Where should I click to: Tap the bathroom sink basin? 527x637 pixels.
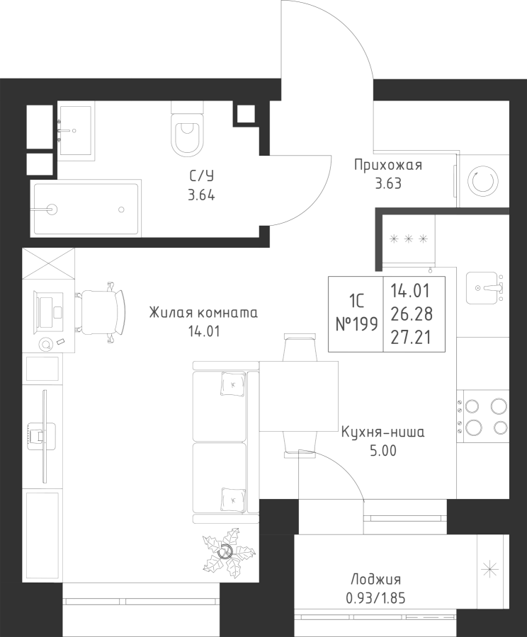pyautogui.click(x=75, y=131)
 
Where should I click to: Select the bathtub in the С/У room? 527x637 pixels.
pyautogui.click(x=86, y=209)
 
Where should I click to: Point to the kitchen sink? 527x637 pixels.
pyautogui.click(x=484, y=287)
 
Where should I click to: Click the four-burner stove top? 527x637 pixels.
pyautogui.click(x=483, y=417)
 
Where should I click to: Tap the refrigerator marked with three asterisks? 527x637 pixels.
pyautogui.click(x=409, y=239)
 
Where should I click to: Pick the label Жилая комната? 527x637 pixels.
pyautogui.click(x=203, y=312)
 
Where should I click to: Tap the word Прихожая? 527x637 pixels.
pyautogui.click(x=387, y=166)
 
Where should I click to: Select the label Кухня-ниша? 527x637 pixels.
pyautogui.click(x=382, y=432)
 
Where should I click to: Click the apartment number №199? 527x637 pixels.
pyautogui.click(x=356, y=324)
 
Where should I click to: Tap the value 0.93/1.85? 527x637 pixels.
pyautogui.click(x=376, y=597)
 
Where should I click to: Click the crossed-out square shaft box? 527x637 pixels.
pyautogui.click(x=48, y=265)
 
